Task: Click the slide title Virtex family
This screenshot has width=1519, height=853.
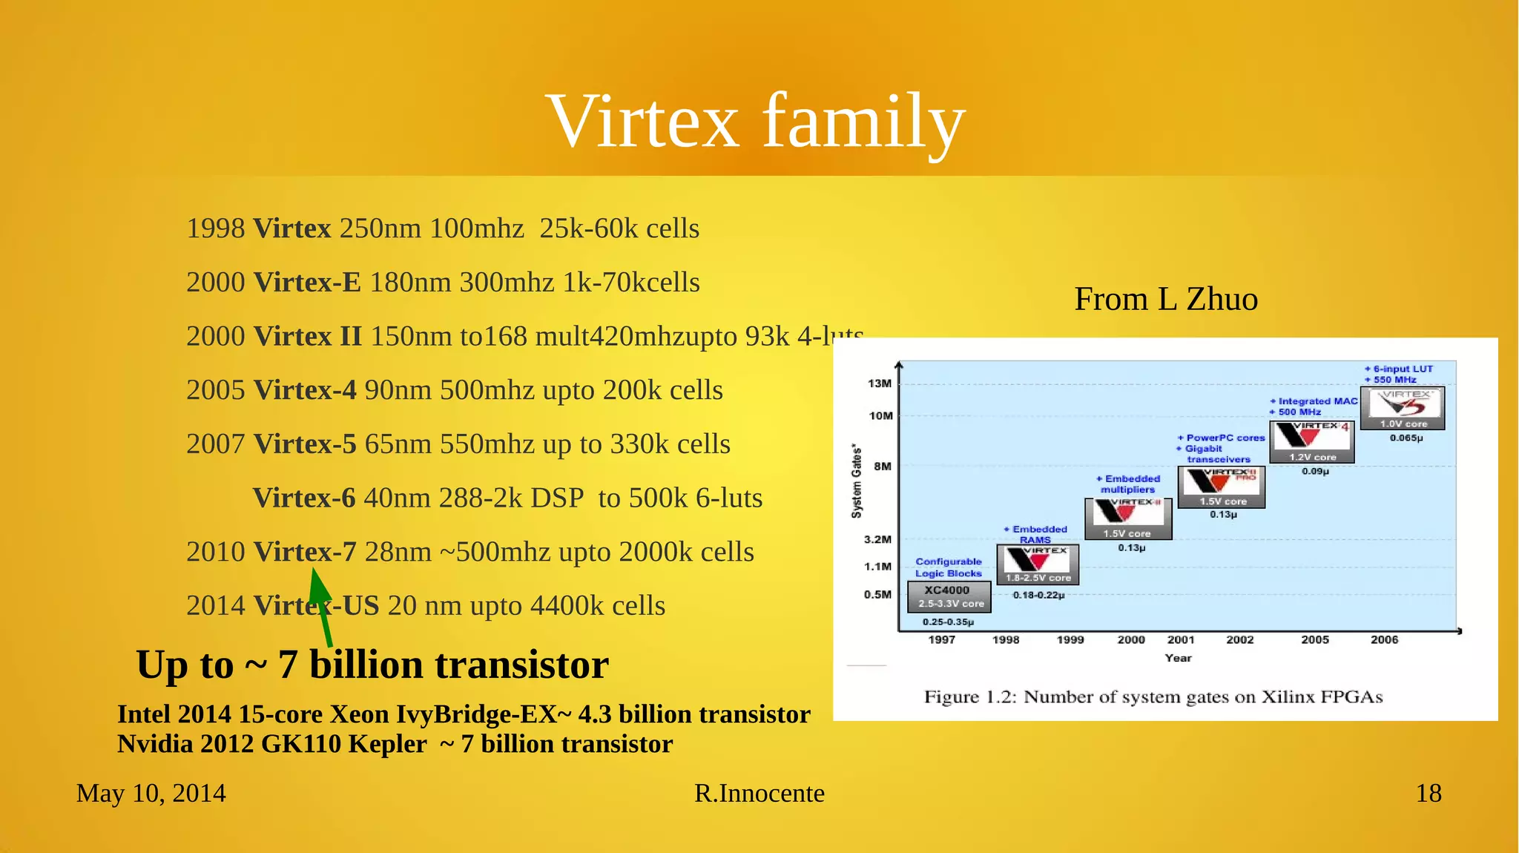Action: tap(755, 121)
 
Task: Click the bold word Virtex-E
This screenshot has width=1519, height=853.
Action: tap(306, 283)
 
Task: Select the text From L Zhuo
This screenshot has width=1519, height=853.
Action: tap(1165, 300)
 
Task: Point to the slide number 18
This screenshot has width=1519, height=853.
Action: tap(1428, 793)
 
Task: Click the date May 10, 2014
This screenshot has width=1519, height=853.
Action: tap(151, 793)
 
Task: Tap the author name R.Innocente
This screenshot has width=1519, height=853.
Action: tap(759, 793)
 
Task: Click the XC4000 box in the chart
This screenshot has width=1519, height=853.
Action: tap(949, 596)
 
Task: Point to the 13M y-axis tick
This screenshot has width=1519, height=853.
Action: tap(880, 383)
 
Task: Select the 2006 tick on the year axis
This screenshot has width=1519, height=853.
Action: tap(1384, 639)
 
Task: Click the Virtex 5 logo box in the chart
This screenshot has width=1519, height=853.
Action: tap(1403, 407)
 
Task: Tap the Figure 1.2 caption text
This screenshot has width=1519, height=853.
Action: tap(1153, 697)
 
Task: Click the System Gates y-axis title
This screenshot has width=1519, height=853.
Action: tap(857, 481)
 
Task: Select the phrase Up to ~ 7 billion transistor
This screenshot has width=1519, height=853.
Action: tap(372, 665)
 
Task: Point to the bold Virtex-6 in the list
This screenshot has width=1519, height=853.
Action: tap(303, 498)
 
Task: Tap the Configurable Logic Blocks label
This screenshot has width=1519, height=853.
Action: tap(948, 567)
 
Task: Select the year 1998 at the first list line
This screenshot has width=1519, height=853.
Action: tap(215, 228)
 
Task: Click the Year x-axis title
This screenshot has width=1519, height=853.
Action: tap(1178, 658)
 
